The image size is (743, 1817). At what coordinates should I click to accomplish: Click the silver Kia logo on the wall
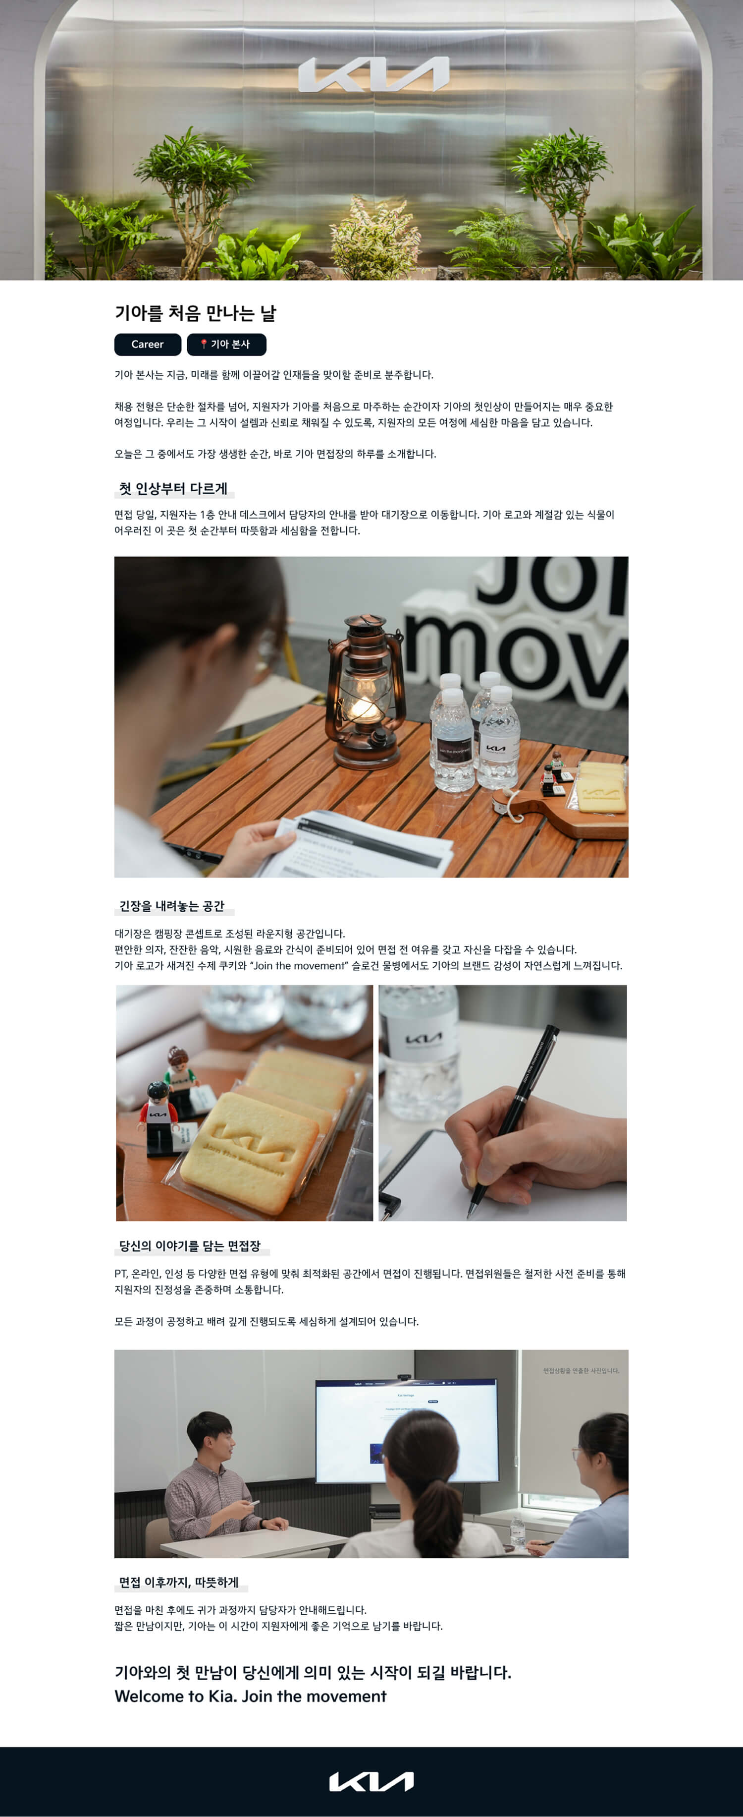pos(373,75)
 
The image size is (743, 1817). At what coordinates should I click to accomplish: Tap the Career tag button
pos(147,344)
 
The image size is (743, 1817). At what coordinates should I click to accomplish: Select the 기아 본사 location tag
pos(226,344)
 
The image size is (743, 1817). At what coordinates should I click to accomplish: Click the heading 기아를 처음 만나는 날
pos(195,313)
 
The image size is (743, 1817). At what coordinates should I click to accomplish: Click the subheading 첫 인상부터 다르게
pos(173,489)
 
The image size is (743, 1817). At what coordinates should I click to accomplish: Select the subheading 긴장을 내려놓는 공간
pos(172,906)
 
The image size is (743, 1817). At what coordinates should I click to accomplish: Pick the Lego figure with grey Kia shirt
pos(158,1118)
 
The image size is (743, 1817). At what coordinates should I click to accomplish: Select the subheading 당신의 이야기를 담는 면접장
pos(190,1246)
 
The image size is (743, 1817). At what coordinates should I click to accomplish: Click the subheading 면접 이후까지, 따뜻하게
pos(179,1582)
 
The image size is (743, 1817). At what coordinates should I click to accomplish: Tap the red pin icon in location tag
pos(203,344)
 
